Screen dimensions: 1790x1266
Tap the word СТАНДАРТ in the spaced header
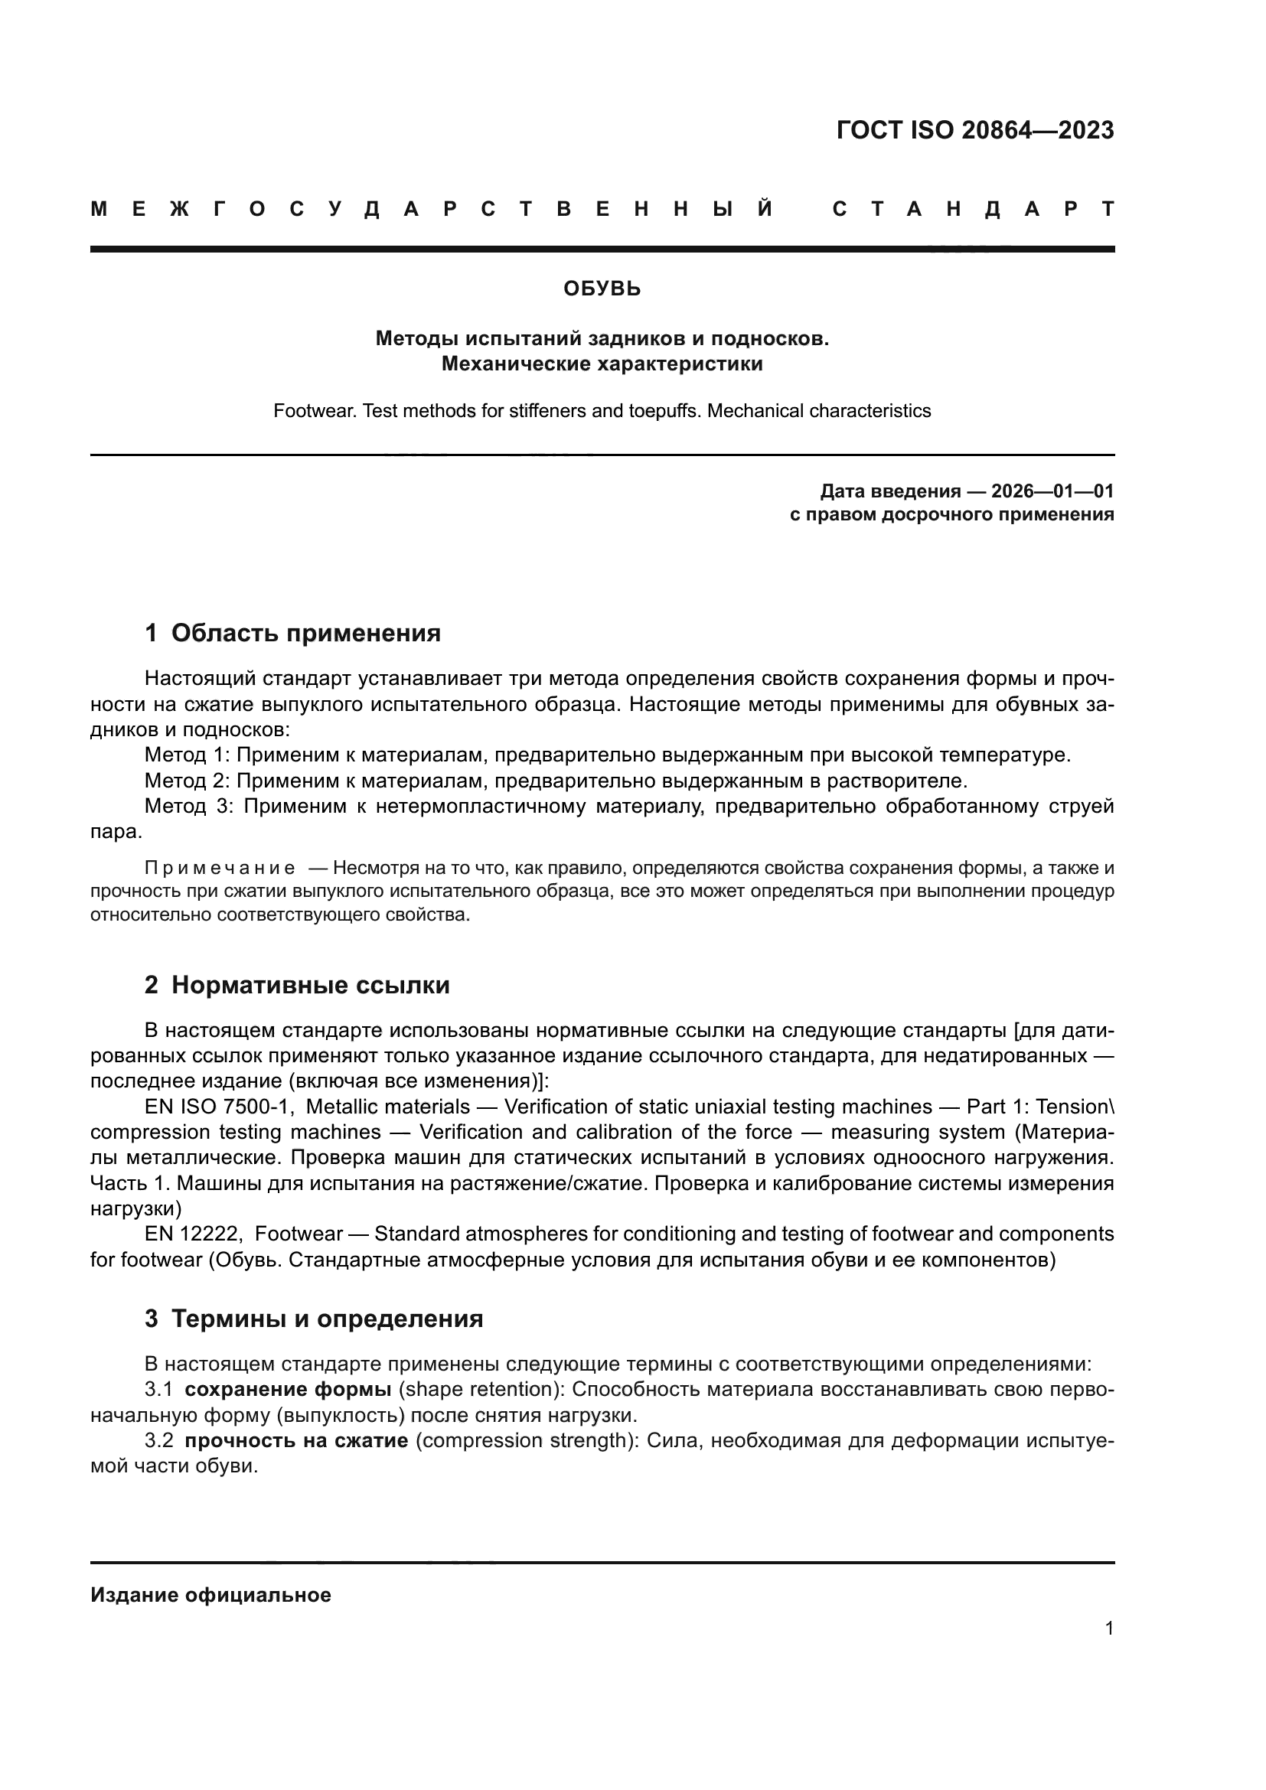coord(974,210)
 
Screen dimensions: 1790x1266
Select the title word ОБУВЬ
coord(602,289)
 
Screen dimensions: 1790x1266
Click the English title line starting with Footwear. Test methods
coord(602,411)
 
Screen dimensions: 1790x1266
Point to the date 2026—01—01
coord(1052,491)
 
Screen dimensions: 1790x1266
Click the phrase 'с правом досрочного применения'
coord(951,514)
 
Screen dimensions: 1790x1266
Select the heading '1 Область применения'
coord(292,633)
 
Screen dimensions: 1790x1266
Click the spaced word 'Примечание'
coord(220,869)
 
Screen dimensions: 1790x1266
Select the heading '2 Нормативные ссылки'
coord(297,986)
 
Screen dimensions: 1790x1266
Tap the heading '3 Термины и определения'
coord(313,1319)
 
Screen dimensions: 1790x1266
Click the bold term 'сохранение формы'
coord(288,1389)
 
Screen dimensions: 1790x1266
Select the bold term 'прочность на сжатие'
coord(296,1441)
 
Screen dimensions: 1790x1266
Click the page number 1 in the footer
coord(1108,1629)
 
